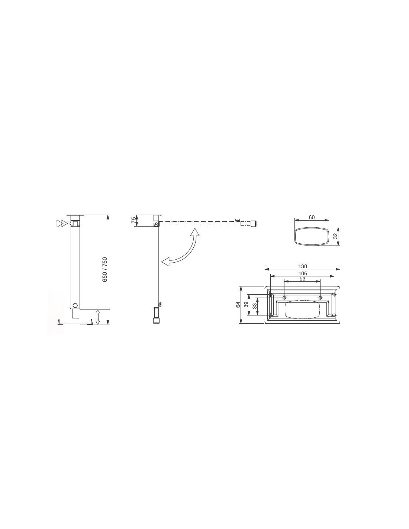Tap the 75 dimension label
(133, 220)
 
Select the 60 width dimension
(312, 217)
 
